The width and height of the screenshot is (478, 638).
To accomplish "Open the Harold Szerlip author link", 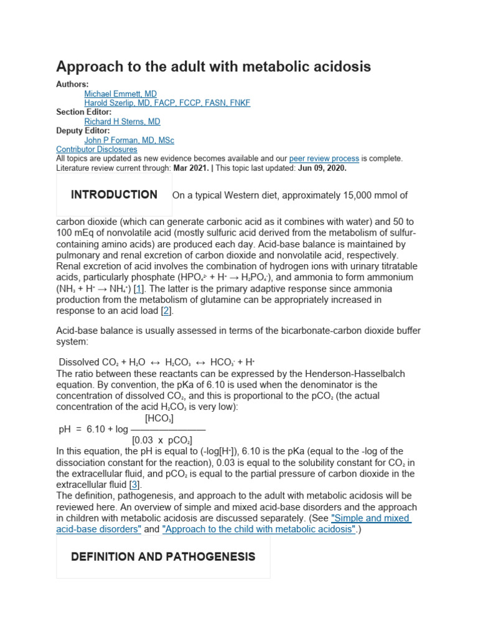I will click(167, 103).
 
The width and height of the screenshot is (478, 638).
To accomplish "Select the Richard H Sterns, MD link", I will click(122, 121).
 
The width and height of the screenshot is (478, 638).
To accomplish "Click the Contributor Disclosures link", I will click(96, 150).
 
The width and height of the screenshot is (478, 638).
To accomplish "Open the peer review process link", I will click(324, 158).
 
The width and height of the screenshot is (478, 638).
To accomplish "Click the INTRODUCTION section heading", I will click(114, 195).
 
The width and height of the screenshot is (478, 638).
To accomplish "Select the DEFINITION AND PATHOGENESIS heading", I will click(163, 557).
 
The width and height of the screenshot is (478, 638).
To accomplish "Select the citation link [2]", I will click(166, 311).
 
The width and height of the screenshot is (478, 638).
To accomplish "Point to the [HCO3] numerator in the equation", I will click(159, 419).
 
